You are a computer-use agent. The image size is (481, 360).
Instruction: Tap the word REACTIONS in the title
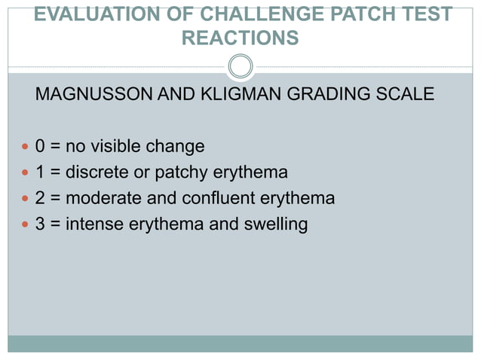[x=240, y=38]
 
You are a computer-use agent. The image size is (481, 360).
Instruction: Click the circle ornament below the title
[x=240, y=66]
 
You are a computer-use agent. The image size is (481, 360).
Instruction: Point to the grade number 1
[x=40, y=172]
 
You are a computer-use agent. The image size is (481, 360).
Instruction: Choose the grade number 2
[x=40, y=199]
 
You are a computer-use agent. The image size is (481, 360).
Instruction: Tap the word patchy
[x=179, y=173]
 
